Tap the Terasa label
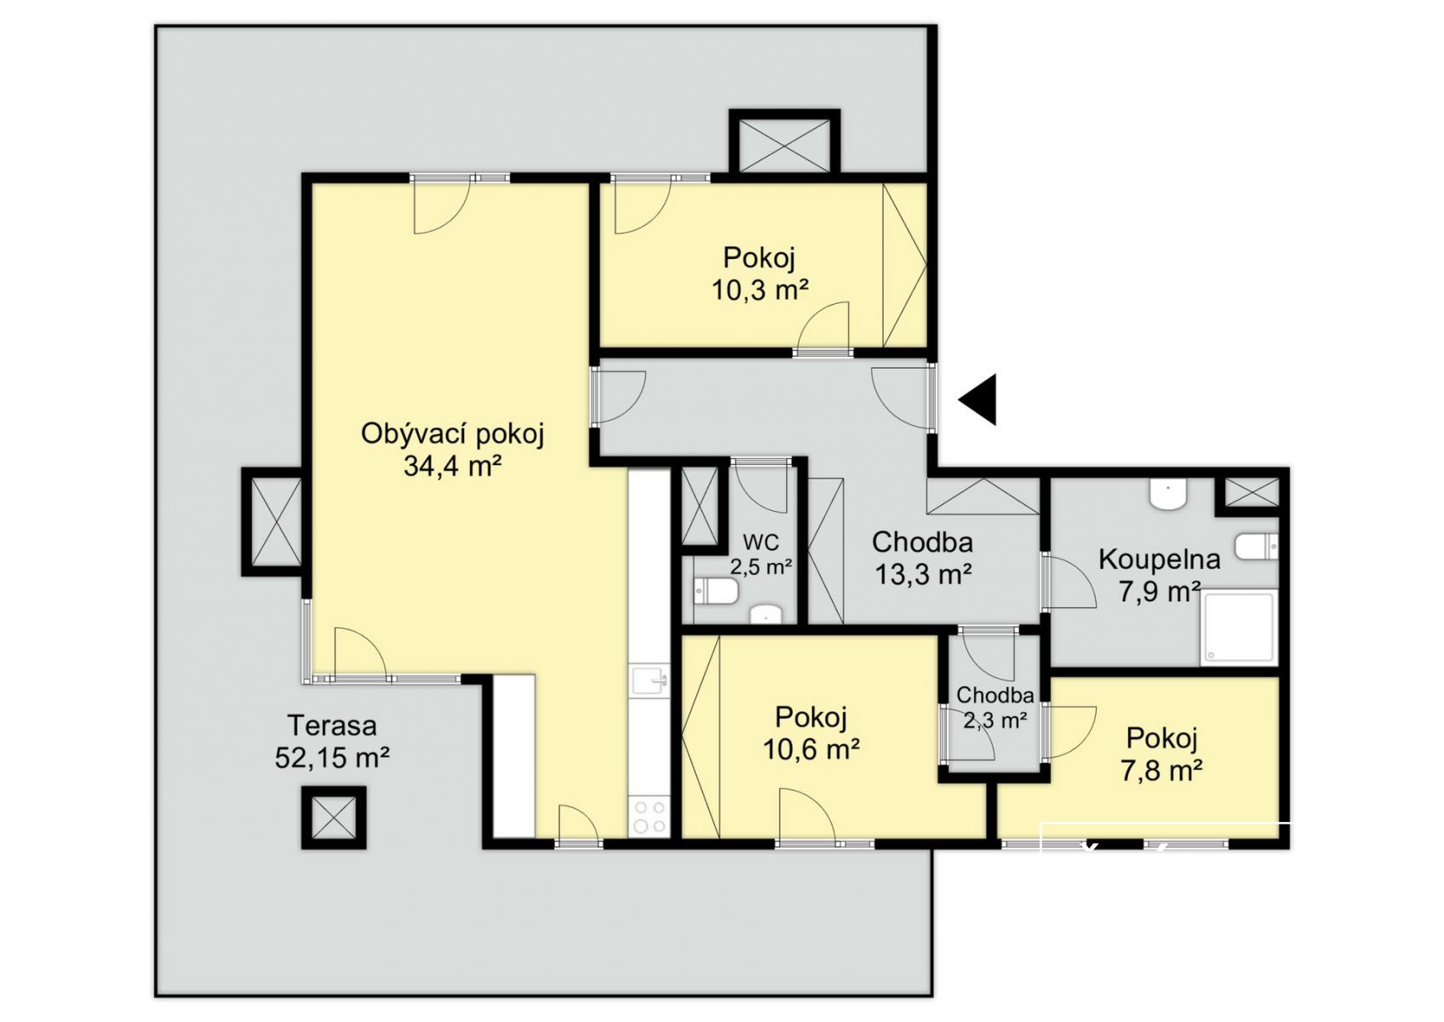332,726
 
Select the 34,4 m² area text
453,466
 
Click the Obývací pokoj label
453,434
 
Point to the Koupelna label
1159,559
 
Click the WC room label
760,540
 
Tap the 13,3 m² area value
922,573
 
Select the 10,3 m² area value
760,290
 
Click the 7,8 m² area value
1161,770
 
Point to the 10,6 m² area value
811,749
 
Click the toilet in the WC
715,591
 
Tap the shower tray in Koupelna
1238,628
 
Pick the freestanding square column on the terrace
334,817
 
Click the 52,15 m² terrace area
332,758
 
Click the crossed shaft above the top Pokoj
784,145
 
